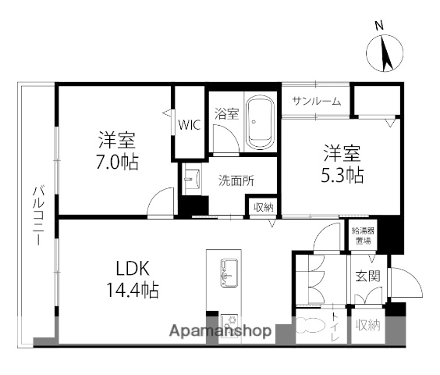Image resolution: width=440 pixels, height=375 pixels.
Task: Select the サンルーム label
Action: pyautogui.click(x=316, y=101)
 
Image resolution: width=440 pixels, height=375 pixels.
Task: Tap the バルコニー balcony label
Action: pyautogui.click(x=37, y=216)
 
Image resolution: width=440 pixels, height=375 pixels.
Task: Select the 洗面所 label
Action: pyautogui.click(x=236, y=178)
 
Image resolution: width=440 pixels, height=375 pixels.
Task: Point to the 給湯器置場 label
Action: pyautogui.click(x=363, y=236)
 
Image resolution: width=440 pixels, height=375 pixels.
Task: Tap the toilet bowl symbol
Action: pyautogui.click(x=310, y=329)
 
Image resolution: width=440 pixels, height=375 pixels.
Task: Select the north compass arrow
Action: pyautogui.click(x=383, y=53)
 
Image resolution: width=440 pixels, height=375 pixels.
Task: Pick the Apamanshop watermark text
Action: pyautogui.click(x=220, y=330)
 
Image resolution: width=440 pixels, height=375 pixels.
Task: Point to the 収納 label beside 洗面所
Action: pyautogui.click(x=263, y=207)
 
